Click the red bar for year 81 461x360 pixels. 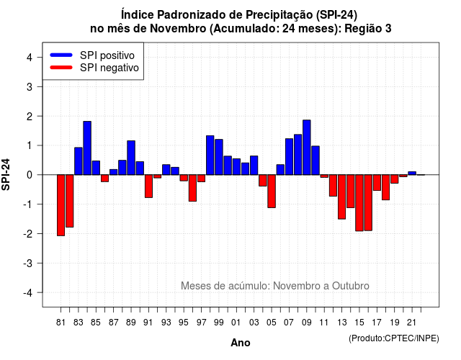[x=61, y=205]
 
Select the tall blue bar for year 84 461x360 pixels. [x=87, y=148]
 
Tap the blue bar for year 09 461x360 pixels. [x=307, y=147]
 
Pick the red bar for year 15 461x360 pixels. [x=359, y=203]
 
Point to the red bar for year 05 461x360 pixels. [x=272, y=192]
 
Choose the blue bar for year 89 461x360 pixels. [x=131, y=158]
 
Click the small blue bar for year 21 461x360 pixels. [x=412, y=173]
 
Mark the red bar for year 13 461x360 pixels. [x=341, y=197]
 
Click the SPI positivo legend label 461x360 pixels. [x=107, y=55]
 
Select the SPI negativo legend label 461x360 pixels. [x=109, y=68]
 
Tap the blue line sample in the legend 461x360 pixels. [x=61, y=55]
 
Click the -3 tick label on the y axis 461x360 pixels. [x=28, y=264]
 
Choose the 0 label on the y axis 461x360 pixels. [x=30, y=175]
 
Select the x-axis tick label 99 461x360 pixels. [x=219, y=323]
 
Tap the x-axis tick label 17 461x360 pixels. [x=377, y=323]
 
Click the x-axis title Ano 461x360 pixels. [x=241, y=343]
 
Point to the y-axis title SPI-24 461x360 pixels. [x=6, y=174]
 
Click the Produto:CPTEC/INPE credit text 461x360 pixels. [x=394, y=338]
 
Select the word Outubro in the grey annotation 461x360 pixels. [x=351, y=286]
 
